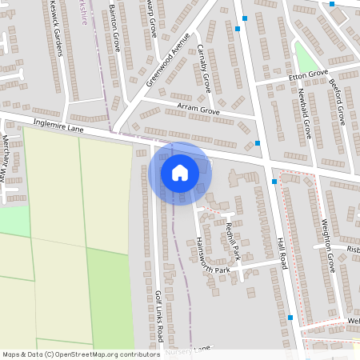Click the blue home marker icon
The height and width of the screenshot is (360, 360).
point(180,172)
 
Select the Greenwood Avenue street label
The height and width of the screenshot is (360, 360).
point(169,59)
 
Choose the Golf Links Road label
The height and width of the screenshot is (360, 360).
point(160,312)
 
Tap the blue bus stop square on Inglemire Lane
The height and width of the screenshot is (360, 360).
point(258,144)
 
